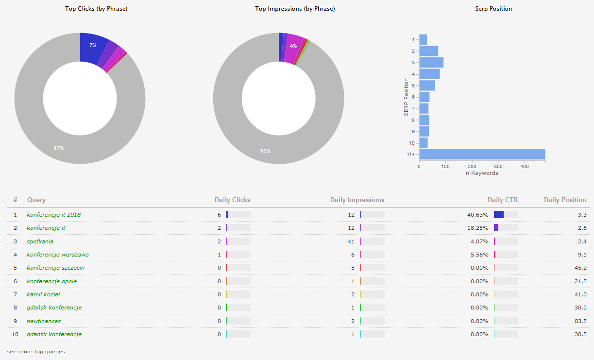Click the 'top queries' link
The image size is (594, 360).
pos(50,352)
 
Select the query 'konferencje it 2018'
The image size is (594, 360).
pos(53,215)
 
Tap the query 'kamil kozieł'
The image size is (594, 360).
pos(43,294)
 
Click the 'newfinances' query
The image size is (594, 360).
pos(44,321)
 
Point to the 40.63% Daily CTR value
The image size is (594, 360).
pos(477,215)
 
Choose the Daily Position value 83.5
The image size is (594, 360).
pos(580,321)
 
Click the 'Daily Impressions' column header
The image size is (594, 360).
pos(357,200)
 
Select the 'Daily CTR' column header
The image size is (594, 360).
pos(503,200)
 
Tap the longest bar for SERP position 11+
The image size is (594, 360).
pos(482,154)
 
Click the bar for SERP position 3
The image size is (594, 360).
pos(431,63)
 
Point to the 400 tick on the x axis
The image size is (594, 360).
pos(524,166)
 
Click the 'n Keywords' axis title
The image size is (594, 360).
pos(482,173)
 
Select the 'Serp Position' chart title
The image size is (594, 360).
pos(493,9)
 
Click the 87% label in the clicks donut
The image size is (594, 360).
pos(59,148)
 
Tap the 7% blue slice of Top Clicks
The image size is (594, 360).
pos(92,45)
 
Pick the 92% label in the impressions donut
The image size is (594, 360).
pos(265,151)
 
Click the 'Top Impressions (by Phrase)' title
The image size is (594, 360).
pos(295,9)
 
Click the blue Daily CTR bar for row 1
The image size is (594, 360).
pos(499,215)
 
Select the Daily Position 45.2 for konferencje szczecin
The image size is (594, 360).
pos(580,268)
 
